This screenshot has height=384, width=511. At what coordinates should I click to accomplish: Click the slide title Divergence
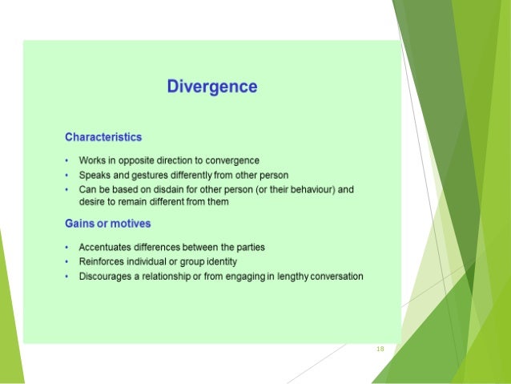[211, 87]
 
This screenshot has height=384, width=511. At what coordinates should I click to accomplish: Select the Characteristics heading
[103, 137]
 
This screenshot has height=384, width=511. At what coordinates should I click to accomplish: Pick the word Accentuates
[106, 248]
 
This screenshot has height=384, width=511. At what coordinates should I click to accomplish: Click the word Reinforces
[102, 262]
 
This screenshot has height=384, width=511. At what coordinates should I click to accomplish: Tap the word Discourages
[105, 277]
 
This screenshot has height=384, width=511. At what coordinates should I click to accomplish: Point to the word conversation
[335, 277]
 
